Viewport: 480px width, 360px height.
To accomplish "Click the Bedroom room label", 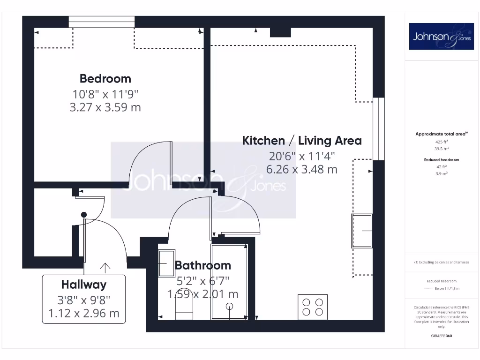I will tap(105, 78).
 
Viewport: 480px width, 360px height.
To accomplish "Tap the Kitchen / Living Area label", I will tap(301, 140).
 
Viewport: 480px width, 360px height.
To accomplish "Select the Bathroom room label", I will tap(202, 265).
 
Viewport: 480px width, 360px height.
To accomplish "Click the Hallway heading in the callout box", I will tap(84, 285).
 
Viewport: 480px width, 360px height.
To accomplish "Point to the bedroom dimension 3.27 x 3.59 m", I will tap(105, 107).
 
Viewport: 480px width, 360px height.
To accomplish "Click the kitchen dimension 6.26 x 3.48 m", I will tap(301, 169).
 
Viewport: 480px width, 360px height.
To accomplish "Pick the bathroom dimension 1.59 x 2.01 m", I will tap(202, 294).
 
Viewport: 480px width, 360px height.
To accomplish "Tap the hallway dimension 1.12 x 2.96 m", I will tap(84, 313).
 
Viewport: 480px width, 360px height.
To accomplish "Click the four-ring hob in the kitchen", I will tap(313, 307).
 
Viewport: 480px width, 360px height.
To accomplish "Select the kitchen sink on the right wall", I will tap(362, 231).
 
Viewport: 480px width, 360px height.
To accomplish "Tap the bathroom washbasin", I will tap(165, 264).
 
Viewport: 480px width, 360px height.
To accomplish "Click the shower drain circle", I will tap(230, 306).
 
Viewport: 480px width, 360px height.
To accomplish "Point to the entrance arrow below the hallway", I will tap(105, 268).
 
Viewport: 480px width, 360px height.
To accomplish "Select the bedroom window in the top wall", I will tap(101, 22).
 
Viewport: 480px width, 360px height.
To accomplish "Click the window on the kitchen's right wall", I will tap(379, 129).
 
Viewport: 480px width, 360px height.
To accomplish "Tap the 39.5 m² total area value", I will tap(442, 148).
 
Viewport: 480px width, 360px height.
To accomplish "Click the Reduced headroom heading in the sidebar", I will tap(442, 160).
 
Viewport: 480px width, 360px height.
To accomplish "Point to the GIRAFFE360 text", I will tap(442, 336).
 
